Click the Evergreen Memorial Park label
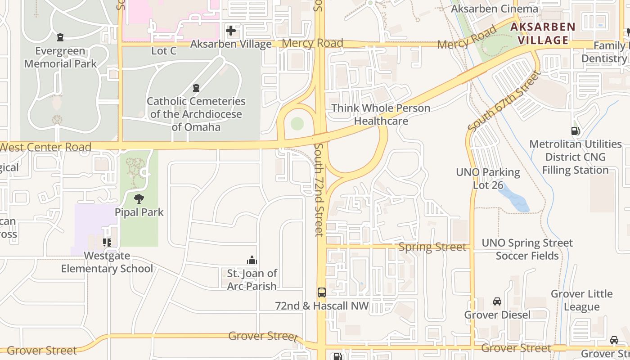[x=60, y=57]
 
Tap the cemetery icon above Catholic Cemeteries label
[x=196, y=87]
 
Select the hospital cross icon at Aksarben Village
[x=231, y=31]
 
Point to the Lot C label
[x=164, y=51]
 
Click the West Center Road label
[x=46, y=147]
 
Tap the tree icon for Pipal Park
[x=139, y=198]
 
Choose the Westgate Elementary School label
[x=107, y=262]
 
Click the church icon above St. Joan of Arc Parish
[x=252, y=260]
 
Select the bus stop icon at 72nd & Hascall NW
[x=322, y=292]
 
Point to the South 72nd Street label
[x=319, y=189]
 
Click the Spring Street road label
[x=432, y=247]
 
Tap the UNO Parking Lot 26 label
[x=488, y=178]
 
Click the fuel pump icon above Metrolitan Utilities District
[x=575, y=131]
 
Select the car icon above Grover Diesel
[x=497, y=301]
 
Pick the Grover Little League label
[x=581, y=300]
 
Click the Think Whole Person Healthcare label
[x=381, y=114]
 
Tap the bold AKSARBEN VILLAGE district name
[x=543, y=33]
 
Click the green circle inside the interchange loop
[x=297, y=123]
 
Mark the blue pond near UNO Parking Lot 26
[x=514, y=198]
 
